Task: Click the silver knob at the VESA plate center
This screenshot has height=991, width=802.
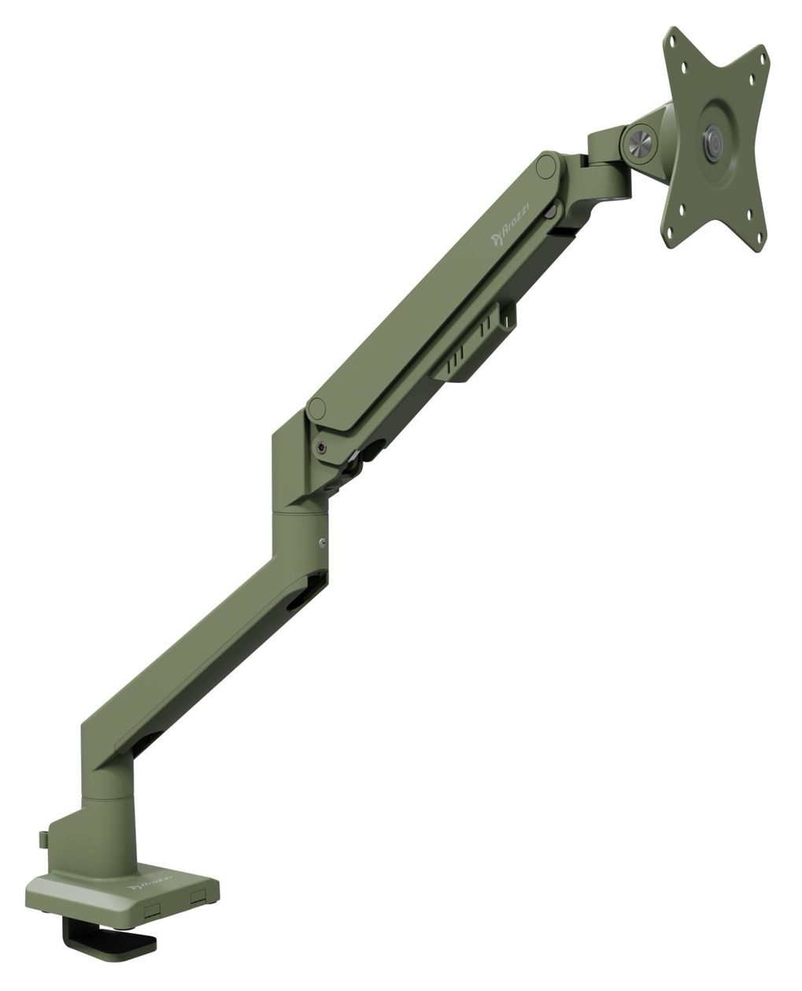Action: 712,143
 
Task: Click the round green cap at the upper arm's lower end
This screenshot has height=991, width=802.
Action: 316,409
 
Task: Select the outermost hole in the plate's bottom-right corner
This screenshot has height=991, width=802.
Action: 760,238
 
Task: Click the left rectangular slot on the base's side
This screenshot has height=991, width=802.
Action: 151,909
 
